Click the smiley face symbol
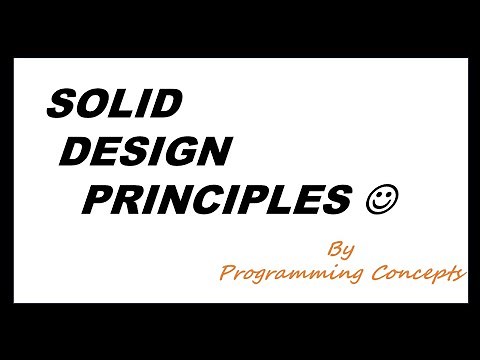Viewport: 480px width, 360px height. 384,200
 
